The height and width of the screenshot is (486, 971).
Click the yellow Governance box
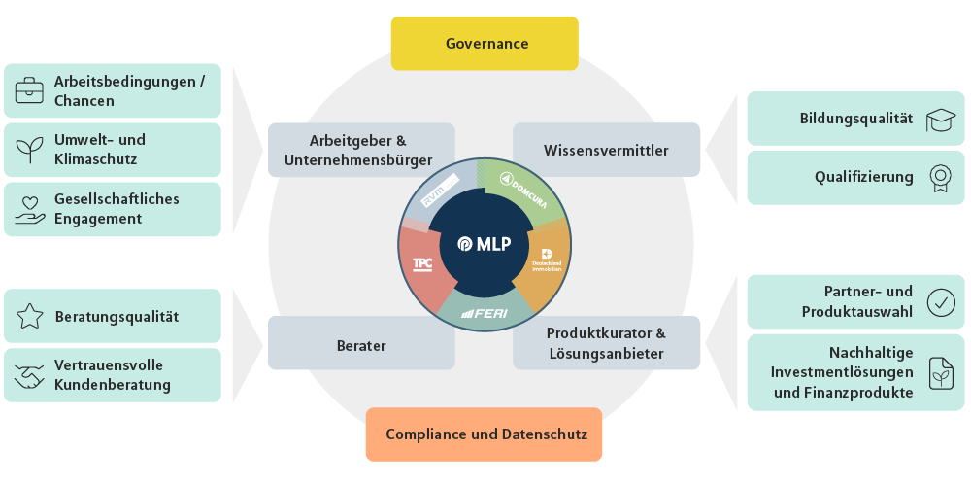485,44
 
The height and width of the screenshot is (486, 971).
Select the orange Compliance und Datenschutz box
485,434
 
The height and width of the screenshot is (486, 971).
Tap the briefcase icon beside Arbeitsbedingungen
30,91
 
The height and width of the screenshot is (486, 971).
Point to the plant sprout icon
30,150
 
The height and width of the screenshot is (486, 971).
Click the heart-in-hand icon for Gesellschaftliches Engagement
30,209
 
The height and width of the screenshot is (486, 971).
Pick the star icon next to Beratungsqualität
30,316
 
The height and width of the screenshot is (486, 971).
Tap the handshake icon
30,375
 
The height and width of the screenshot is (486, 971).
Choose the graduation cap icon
940,119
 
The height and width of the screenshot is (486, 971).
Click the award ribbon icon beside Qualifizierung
940,177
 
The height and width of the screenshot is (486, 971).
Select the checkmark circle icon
940,302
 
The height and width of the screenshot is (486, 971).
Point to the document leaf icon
940,373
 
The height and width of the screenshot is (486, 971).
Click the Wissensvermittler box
606,150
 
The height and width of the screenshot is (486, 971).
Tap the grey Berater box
361,343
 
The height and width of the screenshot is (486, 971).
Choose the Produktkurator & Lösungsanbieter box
606,343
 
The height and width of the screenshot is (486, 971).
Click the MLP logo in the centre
486,243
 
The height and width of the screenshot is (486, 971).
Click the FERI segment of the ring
485,312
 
